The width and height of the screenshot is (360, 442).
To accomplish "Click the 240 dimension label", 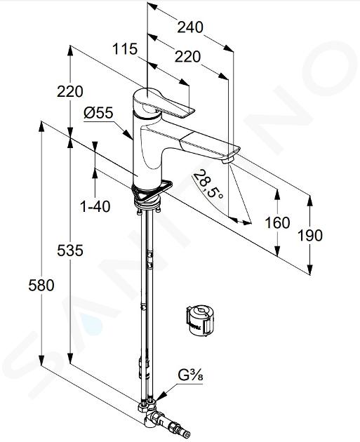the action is pyautogui.click(x=190, y=27).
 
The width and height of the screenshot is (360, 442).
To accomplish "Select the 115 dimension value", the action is pyautogui.click(x=125, y=49).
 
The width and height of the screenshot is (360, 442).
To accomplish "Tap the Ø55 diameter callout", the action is pyautogui.click(x=98, y=113).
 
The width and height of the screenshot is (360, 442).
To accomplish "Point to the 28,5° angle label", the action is pyautogui.click(x=208, y=184).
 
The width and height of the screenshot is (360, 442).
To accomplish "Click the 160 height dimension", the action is pyautogui.click(x=277, y=222).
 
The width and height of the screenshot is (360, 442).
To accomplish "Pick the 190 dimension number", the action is pyautogui.click(x=310, y=235).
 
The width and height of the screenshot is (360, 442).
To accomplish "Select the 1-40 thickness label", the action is pyautogui.click(x=95, y=207).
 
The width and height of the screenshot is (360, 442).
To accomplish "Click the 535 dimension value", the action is pyautogui.click(x=70, y=250).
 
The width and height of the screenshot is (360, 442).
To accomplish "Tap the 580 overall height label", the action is pyautogui.click(x=41, y=286).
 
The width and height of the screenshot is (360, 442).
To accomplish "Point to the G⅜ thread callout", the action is pyautogui.click(x=191, y=376).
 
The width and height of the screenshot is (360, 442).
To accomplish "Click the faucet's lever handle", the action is pyautogui.click(x=164, y=105).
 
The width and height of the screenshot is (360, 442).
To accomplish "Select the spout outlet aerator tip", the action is pyautogui.click(x=228, y=161).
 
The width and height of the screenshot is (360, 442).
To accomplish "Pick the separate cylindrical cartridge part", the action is pyautogui.click(x=200, y=320).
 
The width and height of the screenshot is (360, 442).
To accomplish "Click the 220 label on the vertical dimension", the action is pyautogui.click(x=70, y=92).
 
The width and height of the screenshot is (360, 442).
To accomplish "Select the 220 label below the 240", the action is pyautogui.click(x=187, y=57).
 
